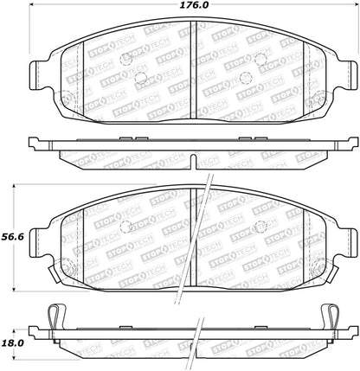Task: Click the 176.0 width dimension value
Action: point(194,5)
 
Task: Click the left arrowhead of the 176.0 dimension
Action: point(32,5)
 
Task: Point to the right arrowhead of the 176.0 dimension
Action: point(356,5)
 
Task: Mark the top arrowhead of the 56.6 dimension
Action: point(15,187)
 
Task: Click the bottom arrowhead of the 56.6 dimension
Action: point(15,289)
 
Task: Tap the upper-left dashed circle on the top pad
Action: point(125,60)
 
